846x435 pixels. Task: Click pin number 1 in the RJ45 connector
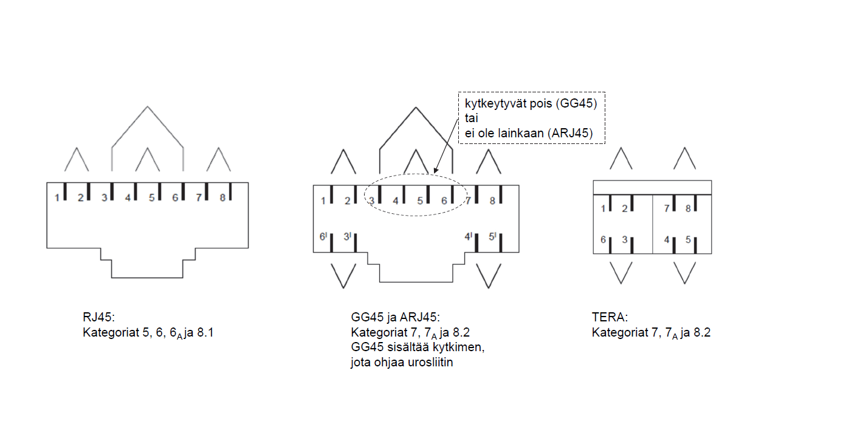[57, 197]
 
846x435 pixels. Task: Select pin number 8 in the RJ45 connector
[222, 197]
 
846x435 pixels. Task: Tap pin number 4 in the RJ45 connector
[128, 197]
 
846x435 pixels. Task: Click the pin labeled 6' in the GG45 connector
[323, 236]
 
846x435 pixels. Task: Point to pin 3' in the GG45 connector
[347, 236]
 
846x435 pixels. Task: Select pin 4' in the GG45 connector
[469, 236]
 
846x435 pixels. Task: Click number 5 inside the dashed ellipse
[419, 200]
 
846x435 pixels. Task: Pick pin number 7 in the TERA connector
[667, 208]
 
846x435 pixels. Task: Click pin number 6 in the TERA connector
[604, 240]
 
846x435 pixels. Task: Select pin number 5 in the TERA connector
[688, 240]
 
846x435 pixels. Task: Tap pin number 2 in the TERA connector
[624, 208]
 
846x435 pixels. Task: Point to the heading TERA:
[609, 317]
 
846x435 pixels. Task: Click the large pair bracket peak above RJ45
[147, 107]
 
